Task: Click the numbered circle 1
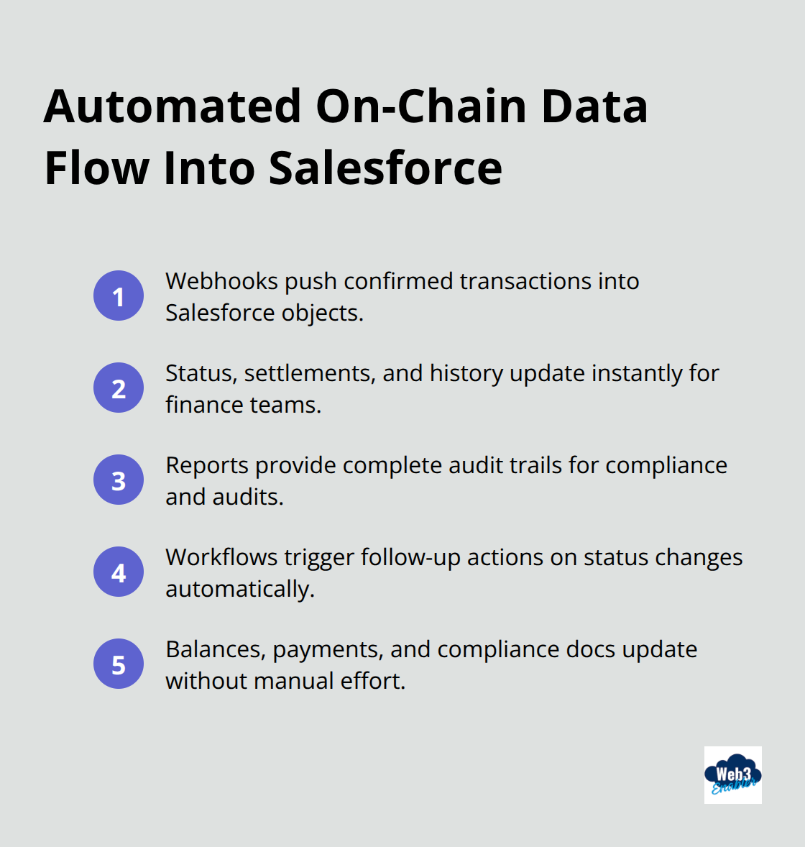coord(119,296)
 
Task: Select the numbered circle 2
coord(119,388)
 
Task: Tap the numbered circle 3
coord(119,480)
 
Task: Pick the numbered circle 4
coord(119,572)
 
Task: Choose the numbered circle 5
coord(119,664)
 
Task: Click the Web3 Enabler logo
coord(732,774)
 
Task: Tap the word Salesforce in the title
coord(385,168)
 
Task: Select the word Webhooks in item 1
coord(222,281)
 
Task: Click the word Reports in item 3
coord(207,465)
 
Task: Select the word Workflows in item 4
coord(221,557)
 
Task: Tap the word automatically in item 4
coord(239,589)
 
